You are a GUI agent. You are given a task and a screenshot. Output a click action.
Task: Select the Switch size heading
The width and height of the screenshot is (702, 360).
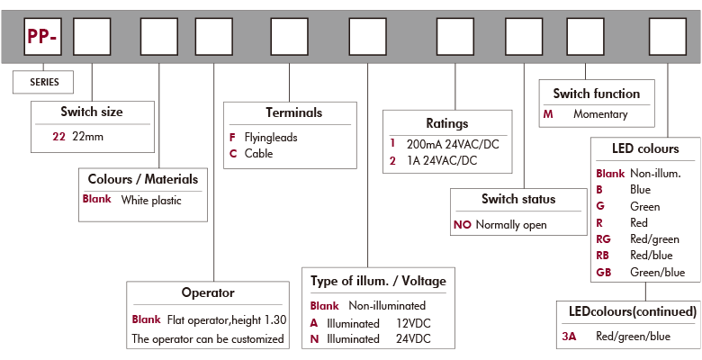point(92,112)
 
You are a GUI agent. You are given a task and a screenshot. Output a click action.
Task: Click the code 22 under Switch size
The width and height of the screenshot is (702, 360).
point(58,136)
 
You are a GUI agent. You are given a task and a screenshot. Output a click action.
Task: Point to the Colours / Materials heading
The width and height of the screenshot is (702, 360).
point(142,178)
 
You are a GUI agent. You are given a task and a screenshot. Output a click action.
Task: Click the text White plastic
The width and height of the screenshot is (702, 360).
point(151,201)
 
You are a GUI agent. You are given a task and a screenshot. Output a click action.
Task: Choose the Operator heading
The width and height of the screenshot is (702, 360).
point(208,292)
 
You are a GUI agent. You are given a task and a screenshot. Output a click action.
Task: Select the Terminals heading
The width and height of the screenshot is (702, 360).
point(293,113)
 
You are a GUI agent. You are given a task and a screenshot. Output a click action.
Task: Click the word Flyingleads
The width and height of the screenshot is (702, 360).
point(271,138)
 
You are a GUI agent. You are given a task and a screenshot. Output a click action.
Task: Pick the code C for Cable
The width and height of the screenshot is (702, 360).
point(234,154)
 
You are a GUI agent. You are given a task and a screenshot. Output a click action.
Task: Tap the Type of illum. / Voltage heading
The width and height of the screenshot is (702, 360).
point(378,281)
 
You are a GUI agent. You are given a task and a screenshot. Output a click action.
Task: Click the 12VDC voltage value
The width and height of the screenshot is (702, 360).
point(414,322)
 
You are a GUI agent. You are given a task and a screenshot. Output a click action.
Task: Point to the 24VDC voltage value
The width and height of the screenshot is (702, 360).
point(414,339)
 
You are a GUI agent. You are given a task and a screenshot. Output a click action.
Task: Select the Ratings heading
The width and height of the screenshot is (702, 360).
point(447,122)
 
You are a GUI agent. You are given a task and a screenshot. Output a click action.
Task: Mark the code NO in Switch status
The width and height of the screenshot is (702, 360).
point(462,225)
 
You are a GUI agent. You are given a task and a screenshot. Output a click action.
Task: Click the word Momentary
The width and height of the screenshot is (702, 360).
point(600,114)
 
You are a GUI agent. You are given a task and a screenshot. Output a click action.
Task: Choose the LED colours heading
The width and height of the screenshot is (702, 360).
point(645,148)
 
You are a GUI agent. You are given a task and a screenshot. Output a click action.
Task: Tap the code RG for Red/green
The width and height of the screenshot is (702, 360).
point(604,239)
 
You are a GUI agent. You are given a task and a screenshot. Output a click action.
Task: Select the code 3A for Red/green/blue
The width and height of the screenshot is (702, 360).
point(568,337)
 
